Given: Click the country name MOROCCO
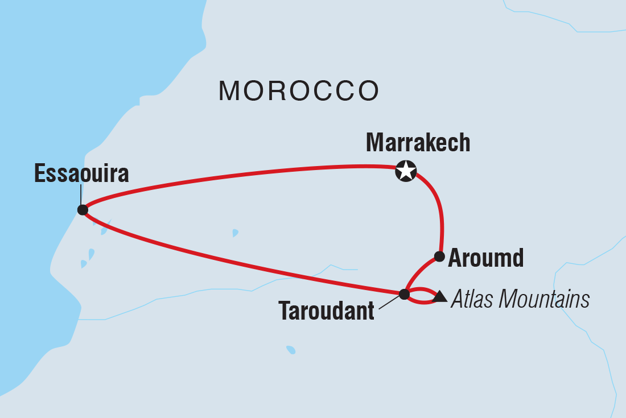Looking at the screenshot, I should (x=299, y=91).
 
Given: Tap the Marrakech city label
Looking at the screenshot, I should (x=418, y=143).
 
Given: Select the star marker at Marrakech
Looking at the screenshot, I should (x=406, y=171).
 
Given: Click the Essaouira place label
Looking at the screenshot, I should (x=81, y=174).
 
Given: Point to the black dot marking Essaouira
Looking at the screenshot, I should (x=83, y=210).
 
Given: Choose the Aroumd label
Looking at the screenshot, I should (x=485, y=259).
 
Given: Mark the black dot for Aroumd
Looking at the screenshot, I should (x=439, y=256).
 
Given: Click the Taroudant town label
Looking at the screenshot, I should (x=326, y=311).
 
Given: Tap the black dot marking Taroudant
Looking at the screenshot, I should (x=404, y=294).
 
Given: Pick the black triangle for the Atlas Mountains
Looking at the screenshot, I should (x=439, y=296).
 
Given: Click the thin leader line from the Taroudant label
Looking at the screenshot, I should (x=390, y=302).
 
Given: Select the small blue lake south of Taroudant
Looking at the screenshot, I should (x=291, y=350).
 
